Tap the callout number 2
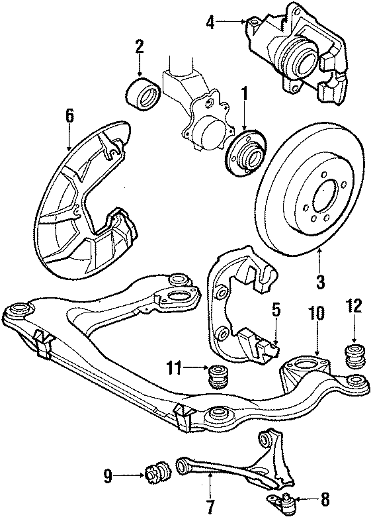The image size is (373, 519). coord(140,46)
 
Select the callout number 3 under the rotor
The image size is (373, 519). coord(320,283)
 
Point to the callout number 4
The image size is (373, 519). coord(210,24)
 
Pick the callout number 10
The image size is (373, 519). coord(317,312)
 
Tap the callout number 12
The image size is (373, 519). coord(354,307)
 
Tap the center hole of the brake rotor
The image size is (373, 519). coord(323,197)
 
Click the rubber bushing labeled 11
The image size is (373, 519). coord(217,378)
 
